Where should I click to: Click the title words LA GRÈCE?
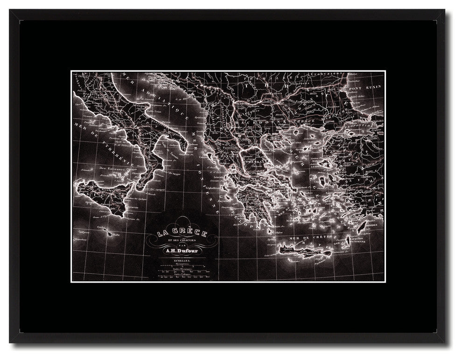point(182,232)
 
